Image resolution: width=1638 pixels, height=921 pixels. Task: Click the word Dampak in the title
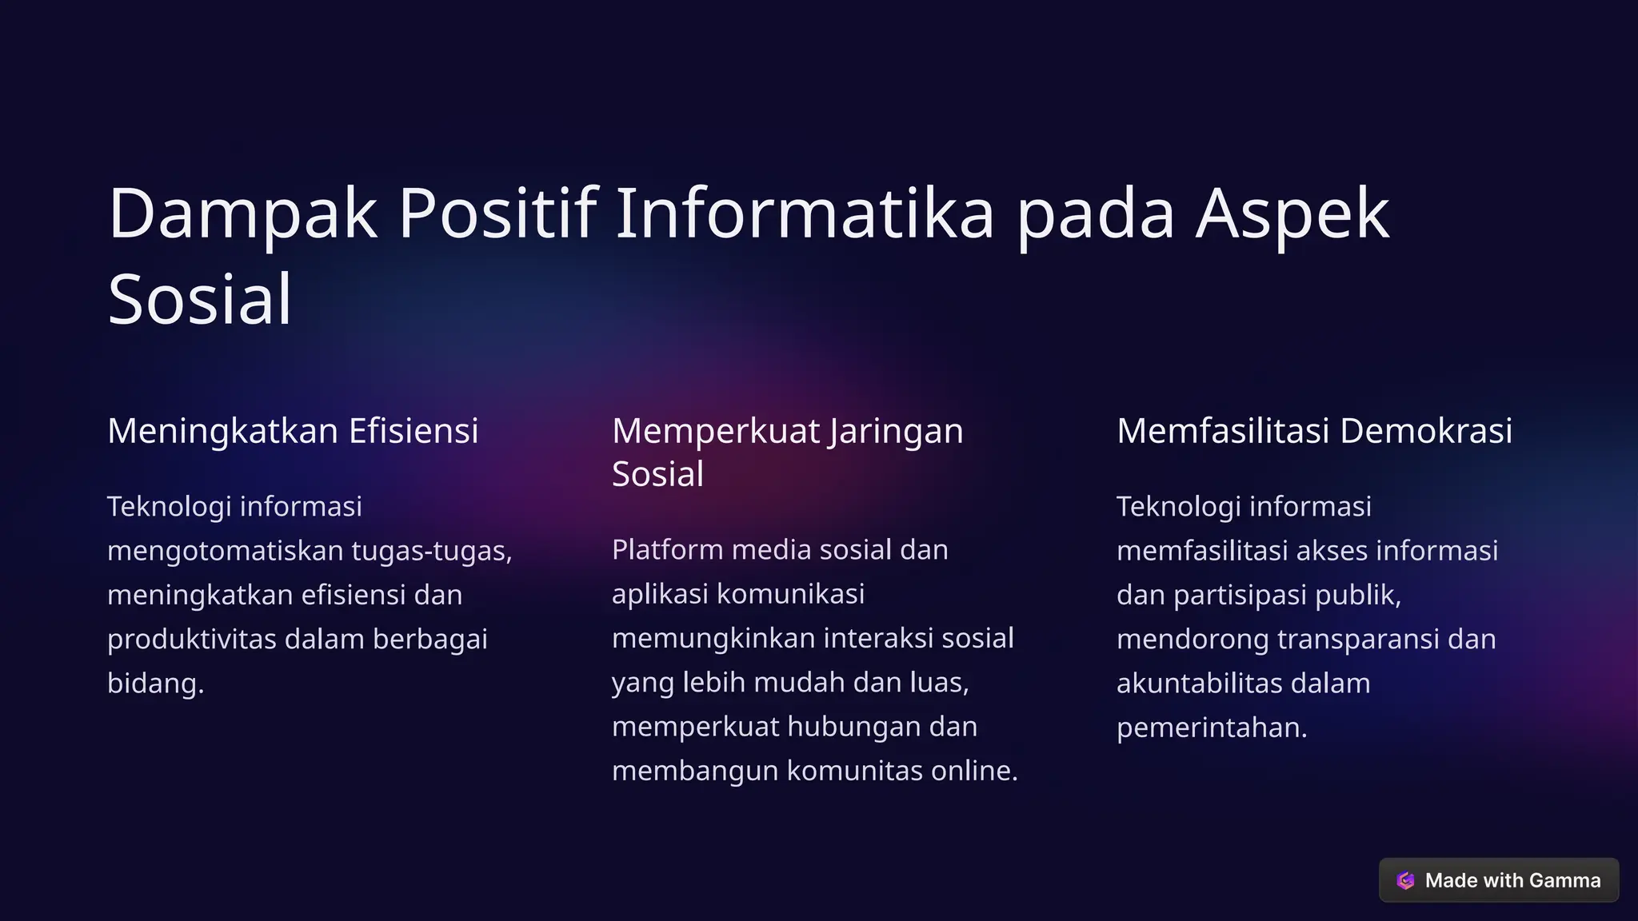(242, 214)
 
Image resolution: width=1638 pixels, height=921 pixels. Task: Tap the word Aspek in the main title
(1292, 214)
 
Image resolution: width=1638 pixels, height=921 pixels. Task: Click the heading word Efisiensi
(413, 431)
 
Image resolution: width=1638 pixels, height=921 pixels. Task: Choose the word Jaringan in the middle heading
(896, 433)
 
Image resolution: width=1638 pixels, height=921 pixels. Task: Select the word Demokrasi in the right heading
(1426, 431)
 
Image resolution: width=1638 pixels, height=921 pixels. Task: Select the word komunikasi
(790, 594)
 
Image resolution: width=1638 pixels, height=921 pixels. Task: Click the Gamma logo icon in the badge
(1405, 880)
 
